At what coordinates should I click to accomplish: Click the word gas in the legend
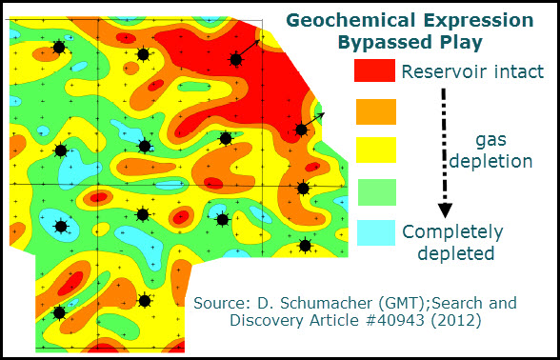(491, 139)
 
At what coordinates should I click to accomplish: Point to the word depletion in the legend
(491, 161)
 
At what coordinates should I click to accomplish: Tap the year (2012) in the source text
(473, 322)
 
